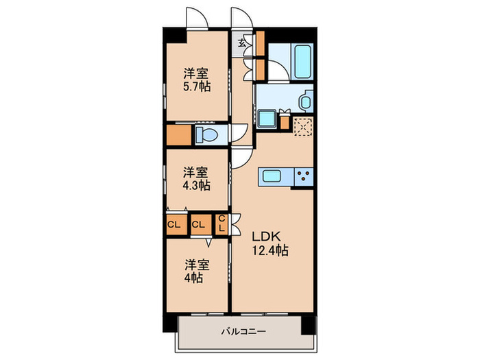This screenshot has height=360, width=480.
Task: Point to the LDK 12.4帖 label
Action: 269,243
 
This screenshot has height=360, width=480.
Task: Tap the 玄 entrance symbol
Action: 242,43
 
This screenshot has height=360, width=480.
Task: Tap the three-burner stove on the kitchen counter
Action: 302,176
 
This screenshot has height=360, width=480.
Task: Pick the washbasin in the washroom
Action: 305,101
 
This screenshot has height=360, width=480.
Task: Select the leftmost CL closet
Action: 173,224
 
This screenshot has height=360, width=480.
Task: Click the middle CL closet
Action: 199,224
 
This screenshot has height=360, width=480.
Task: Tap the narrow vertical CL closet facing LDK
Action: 222,224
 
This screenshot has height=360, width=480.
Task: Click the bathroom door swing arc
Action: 276,71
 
